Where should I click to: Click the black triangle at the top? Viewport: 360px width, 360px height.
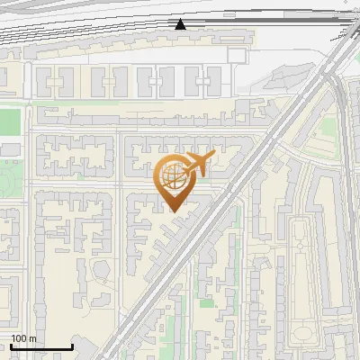181,24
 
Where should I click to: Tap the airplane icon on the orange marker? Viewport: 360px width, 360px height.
197,164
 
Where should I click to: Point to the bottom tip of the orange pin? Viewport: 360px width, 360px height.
172,211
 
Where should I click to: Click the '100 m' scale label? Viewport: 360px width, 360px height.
23,338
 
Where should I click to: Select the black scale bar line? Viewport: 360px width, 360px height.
40,347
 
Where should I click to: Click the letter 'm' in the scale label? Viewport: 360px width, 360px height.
31,338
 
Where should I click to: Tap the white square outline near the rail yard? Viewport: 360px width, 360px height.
236,55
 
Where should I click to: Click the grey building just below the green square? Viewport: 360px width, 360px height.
10,148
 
